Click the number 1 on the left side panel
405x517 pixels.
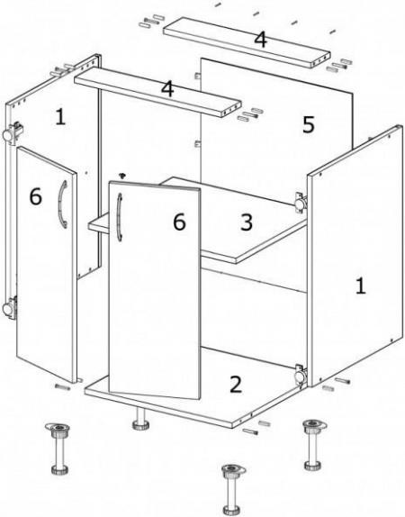[x=60, y=117]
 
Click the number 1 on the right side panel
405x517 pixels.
[x=361, y=286]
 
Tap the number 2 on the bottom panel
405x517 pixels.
[x=236, y=384]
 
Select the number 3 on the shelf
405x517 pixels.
[x=247, y=222]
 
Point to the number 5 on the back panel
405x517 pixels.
[x=309, y=124]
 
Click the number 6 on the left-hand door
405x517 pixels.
[x=36, y=196]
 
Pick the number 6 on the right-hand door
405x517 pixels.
[x=179, y=222]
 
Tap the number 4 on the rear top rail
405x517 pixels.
[x=260, y=40]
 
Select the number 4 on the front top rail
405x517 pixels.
[x=167, y=88]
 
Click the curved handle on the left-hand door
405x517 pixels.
[x=62, y=204]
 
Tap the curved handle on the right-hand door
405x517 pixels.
[x=120, y=217]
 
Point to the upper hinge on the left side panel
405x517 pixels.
[x=12, y=133]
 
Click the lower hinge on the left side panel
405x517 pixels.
[x=11, y=307]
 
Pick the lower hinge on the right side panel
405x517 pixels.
[x=301, y=375]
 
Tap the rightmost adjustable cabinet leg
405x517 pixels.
[x=313, y=444]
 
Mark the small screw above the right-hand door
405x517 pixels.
[x=123, y=175]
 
